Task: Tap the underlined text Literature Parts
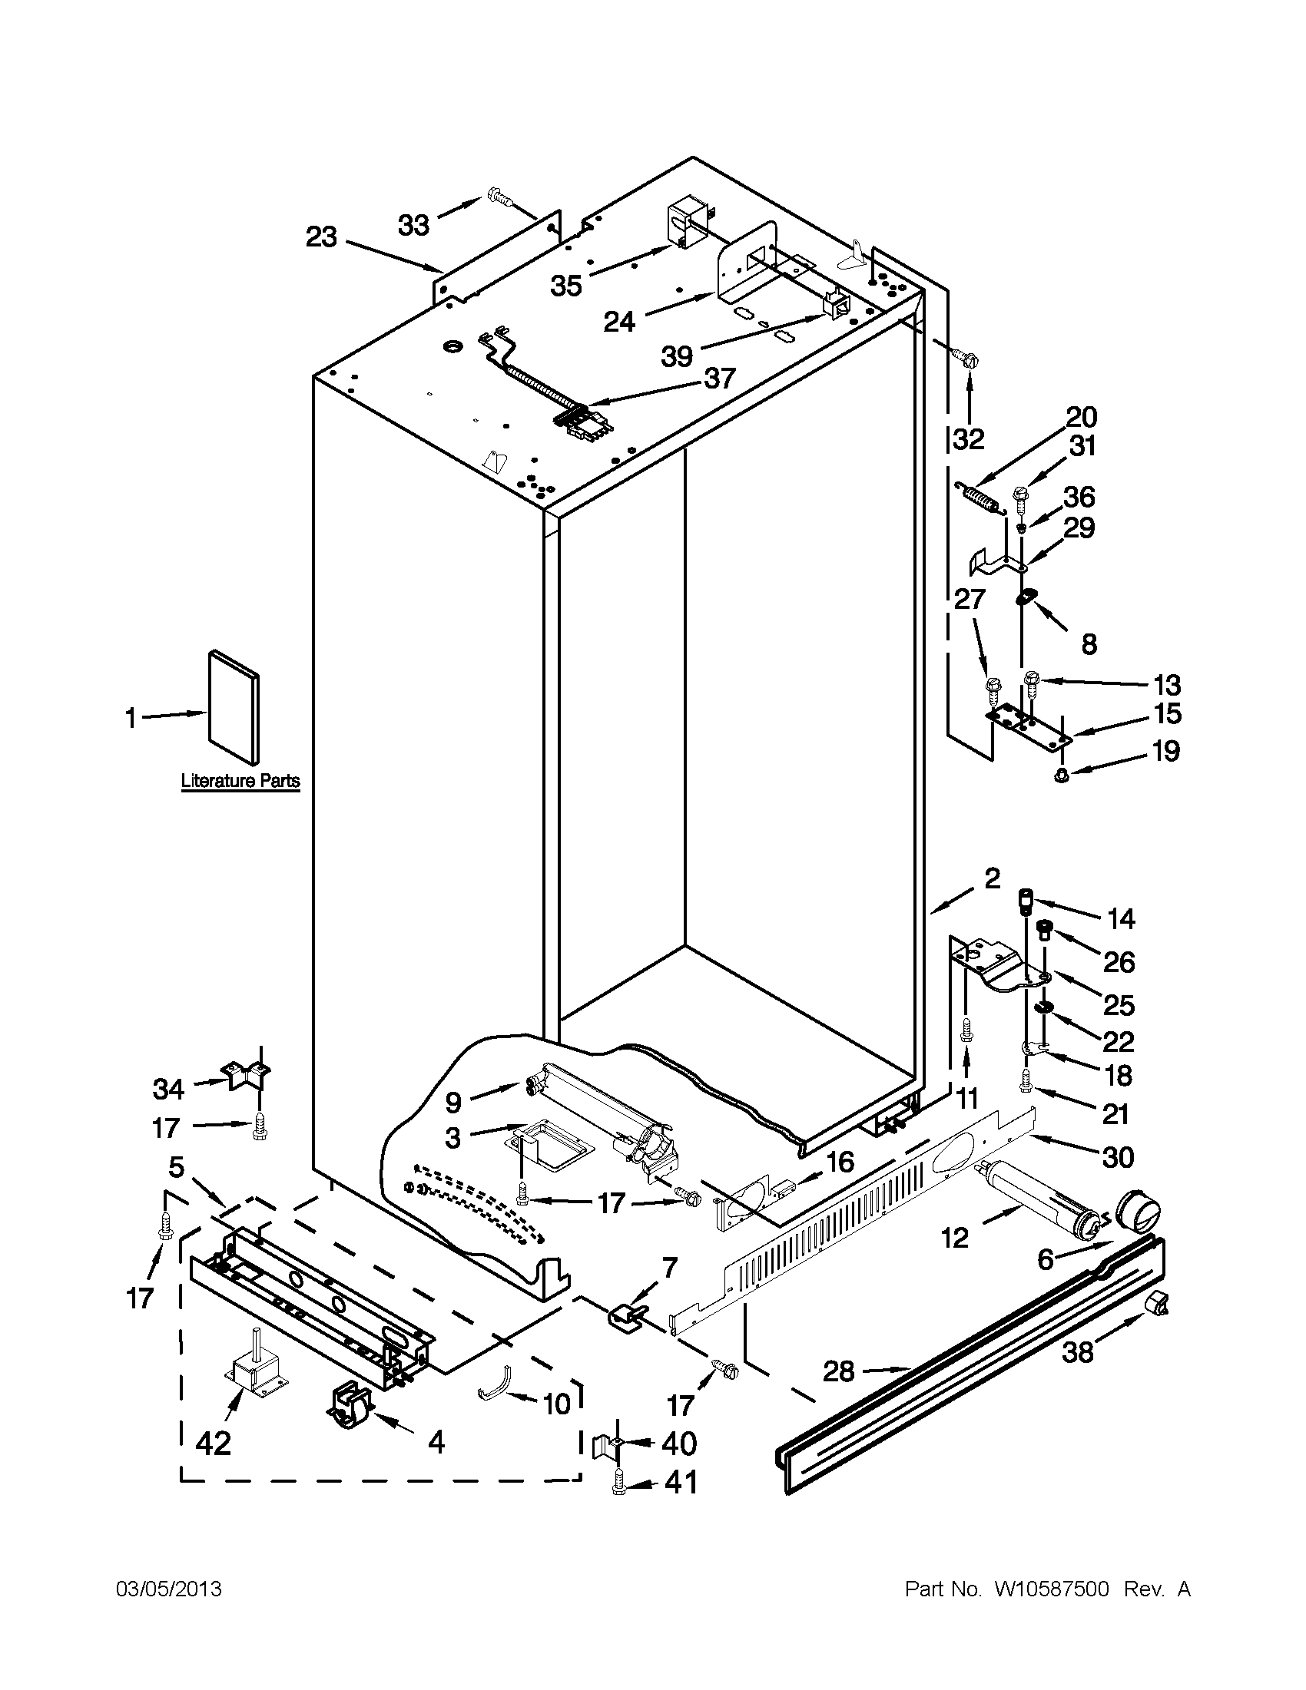tap(240, 781)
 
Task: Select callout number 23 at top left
tap(321, 236)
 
